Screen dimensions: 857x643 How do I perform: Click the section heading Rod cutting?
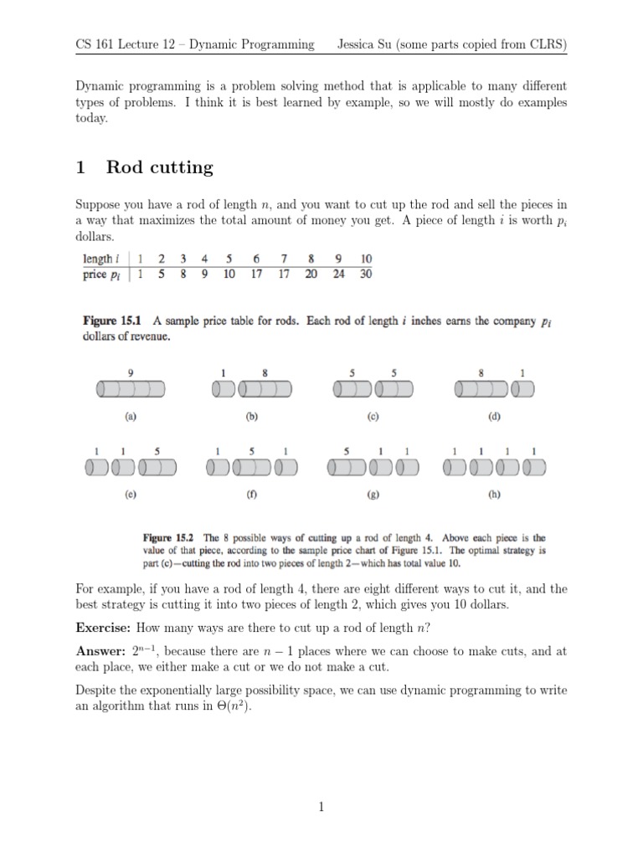(x=160, y=167)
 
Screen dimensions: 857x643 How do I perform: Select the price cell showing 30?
(x=366, y=274)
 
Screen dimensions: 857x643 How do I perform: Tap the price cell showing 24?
(x=338, y=274)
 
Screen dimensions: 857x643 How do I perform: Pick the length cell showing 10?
(x=366, y=259)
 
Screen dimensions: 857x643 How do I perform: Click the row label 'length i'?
(x=99, y=259)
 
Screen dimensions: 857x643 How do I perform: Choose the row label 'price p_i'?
(x=99, y=274)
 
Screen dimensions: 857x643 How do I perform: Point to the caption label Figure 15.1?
(x=112, y=321)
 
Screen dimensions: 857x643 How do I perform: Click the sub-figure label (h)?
(x=494, y=494)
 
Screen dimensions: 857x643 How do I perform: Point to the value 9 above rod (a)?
(x=130, y=372)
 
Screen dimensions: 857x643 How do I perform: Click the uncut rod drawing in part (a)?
(x=131, y=389)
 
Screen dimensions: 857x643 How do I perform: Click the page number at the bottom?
(x=321, y=807)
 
